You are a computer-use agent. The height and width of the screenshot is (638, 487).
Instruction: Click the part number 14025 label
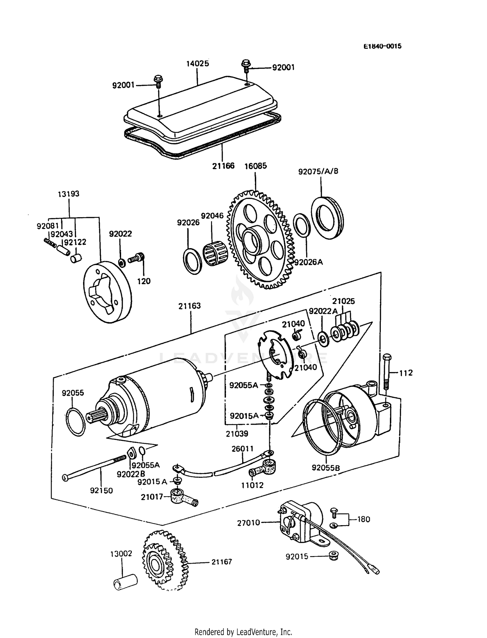tap(197, 63)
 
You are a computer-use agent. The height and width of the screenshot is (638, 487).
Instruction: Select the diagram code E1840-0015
tap(382, 46)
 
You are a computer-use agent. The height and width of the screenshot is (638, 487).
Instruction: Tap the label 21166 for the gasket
tap(223, 166)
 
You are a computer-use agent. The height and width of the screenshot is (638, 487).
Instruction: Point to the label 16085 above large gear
tap(256, 166)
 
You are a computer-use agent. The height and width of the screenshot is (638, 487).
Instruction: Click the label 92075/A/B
tap(318, 171)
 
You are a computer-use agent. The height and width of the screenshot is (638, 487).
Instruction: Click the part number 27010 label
tap(249, 523)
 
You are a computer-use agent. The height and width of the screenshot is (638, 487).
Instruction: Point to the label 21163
tap(189, 306)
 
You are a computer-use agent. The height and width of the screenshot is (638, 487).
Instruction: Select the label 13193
tap(69, 194)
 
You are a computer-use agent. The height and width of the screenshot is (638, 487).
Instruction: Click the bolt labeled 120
tap(137, 259)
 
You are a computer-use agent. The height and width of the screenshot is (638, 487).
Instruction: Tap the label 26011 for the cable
tap(243, 449)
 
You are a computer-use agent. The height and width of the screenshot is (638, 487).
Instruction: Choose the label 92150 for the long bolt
tap(101, 490)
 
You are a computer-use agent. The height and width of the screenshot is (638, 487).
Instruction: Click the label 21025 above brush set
tap(343, 301)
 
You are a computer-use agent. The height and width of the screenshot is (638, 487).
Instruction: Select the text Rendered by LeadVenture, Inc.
tap(243, 632)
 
